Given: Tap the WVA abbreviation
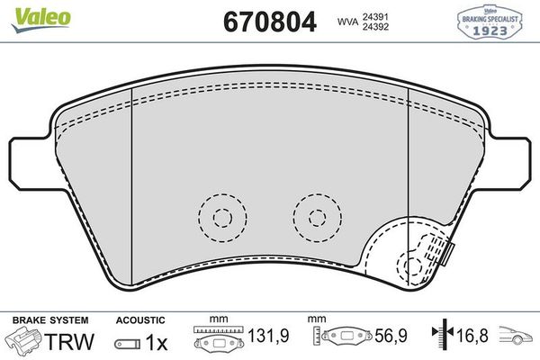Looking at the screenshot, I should (x=347, y=21).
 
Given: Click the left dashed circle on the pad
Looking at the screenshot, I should (x=221, y=217).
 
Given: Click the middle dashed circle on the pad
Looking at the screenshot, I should (x=316, y=217).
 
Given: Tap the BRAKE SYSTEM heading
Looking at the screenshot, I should (x=49, y=319).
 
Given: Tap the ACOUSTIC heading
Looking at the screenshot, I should (x=140, y=319).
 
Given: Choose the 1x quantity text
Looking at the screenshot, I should (x=156, y=342).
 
